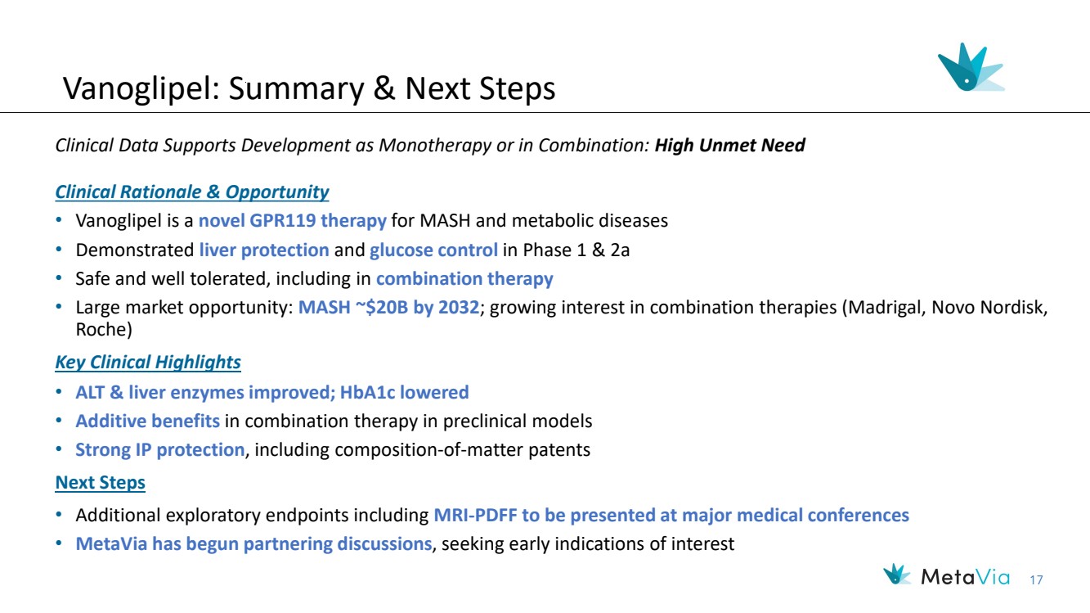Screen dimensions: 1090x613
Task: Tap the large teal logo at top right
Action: tap(971, 67)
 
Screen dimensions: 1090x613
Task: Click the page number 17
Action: tap(1036, 580)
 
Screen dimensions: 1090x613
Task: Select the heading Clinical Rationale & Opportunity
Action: tap(191, 192)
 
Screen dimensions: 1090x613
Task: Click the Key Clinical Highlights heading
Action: tap(148, 363)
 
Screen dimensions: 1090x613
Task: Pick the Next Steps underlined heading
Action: tap(101, 483)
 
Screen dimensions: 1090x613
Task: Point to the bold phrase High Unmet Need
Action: tap(729, 145)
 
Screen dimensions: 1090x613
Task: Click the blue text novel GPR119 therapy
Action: tap(293, 221)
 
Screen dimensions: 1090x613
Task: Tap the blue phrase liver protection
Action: tap(264, 250)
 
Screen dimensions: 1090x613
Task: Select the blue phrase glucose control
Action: tap(433, 250)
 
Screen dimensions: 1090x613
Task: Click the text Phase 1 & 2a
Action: tap(576, 250)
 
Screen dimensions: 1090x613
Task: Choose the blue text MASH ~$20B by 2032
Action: tap(388, 307)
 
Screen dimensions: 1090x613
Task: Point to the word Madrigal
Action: tap(886, 307)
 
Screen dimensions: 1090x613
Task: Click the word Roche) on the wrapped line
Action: tap(104, 330)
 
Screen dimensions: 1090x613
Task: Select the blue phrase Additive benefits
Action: tap(147, 421)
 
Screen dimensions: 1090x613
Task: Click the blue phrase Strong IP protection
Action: tap(160, 450)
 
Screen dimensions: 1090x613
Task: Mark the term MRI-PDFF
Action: tap(475, 515)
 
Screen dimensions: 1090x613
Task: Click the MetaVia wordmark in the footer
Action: tap(966, 578)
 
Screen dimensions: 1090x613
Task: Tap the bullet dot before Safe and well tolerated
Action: tap(59, 278)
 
